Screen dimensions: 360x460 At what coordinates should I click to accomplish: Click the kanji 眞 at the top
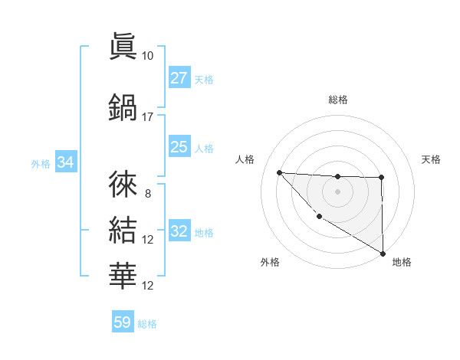pos(123,46)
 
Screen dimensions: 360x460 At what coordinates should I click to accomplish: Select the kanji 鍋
pos(123,106)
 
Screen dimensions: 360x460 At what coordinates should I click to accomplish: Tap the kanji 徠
pos(123,184)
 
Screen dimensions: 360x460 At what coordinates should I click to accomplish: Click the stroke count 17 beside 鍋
pos(148,117)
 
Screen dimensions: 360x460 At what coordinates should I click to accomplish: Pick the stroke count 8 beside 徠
pos(148,194)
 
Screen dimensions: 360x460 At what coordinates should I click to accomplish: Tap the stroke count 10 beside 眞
pos(148,56)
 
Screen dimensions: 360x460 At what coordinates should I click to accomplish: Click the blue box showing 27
pos(179,78)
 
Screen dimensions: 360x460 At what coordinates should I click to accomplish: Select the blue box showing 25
pos(179,147)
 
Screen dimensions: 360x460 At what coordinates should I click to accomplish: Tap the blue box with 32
pos(179,231)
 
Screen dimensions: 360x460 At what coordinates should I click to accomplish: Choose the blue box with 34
pos(66,162)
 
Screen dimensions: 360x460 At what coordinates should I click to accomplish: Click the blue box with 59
pos(123,322)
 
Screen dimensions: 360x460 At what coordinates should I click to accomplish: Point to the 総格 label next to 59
pos(148,324)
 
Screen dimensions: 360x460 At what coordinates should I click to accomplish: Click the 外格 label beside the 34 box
pos(41,163)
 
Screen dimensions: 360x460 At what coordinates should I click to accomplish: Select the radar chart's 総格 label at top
pos(338,100)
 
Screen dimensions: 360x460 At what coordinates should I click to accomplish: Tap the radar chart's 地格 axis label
pos(402,262)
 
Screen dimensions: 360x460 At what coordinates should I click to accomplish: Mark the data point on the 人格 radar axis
pos(279,172)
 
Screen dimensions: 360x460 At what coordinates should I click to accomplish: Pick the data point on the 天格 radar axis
pos(382,178)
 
